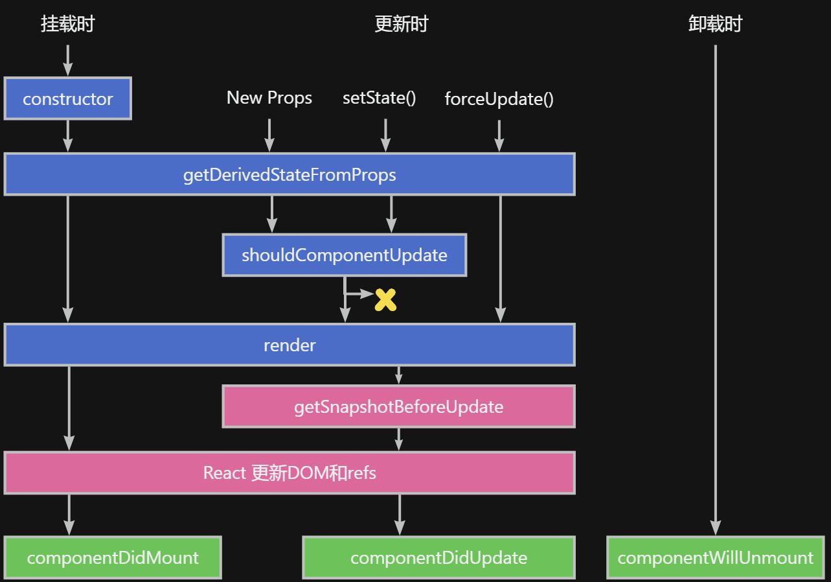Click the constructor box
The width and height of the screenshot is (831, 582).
pos(68,99)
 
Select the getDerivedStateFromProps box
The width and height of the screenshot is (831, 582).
pos(290,174)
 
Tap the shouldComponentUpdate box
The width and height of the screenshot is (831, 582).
pos(345,255)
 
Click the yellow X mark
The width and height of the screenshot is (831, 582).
pos(385,299)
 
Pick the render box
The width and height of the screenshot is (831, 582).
pos(290,345)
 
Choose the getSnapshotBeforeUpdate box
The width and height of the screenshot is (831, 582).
pos(398,406)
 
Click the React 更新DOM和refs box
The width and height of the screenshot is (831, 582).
pos(290,472)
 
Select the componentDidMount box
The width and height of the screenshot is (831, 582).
pos(113,557)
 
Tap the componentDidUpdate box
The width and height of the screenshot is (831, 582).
pos(438,557)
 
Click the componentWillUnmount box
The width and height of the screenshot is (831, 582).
pos(715,557)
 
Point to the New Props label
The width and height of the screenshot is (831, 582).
pos(269,98)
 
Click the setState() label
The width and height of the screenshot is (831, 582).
pos(380,98)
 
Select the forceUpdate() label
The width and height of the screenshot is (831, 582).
pos(499,99)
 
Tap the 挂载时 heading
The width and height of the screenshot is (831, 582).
pos(68,24)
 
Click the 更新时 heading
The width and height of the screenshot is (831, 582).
pos(402,24)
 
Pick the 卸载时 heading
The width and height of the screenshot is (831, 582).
pos(715,24)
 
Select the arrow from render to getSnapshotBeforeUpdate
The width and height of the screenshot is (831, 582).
pos(398,375)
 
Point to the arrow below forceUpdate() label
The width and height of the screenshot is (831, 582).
pos(499,135)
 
